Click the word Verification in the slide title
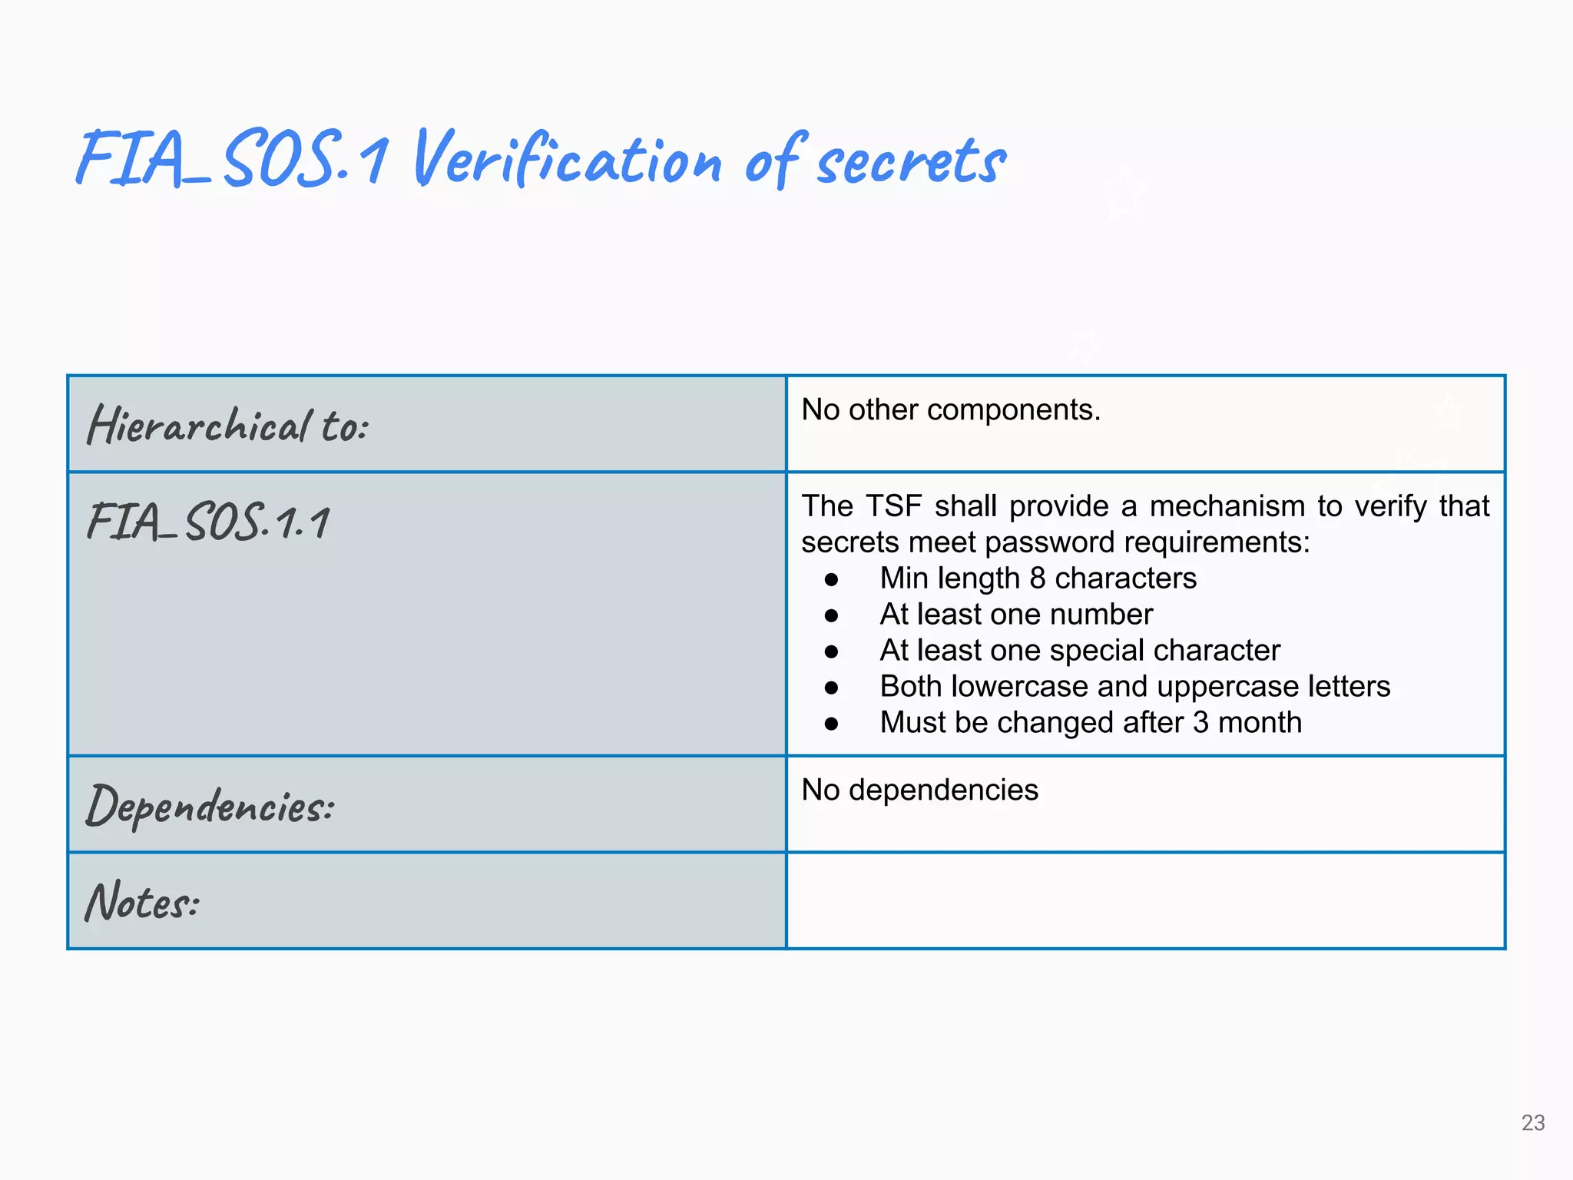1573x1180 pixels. [567, 160]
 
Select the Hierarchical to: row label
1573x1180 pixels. [227, 425]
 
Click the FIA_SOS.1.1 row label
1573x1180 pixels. [208, 522]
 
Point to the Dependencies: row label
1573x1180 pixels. [210, 806]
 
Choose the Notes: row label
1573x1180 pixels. [142, 902]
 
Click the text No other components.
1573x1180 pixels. [951, 410]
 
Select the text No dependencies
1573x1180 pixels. [919, 791]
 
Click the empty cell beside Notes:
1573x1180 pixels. [1144, 900]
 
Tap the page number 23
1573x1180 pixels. [1532, 1123]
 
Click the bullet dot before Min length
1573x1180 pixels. [831, 580]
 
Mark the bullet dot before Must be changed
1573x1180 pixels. [831, 724]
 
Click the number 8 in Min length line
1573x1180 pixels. [1038, 578]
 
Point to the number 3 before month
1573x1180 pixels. [1200, 723]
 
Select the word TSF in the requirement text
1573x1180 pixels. [893, 507]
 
